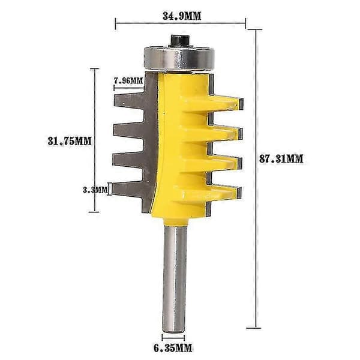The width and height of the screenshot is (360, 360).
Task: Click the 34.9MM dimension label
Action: [x=182, y=16]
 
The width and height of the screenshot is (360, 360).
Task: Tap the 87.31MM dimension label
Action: [x=281, y=159]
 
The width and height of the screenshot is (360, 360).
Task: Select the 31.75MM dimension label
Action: [x=70, y=141]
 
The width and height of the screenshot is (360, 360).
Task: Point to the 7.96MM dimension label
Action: [x=128, y=81]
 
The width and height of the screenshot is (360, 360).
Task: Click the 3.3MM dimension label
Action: [x=95, y=190]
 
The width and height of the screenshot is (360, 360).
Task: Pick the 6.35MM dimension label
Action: [x=173, y=348]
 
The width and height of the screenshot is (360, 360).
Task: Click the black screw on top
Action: [x=180, y=41]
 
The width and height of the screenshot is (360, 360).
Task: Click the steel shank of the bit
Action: [x=174, y=279]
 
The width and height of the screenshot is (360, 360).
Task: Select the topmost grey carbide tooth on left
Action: [x=129, y=101]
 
